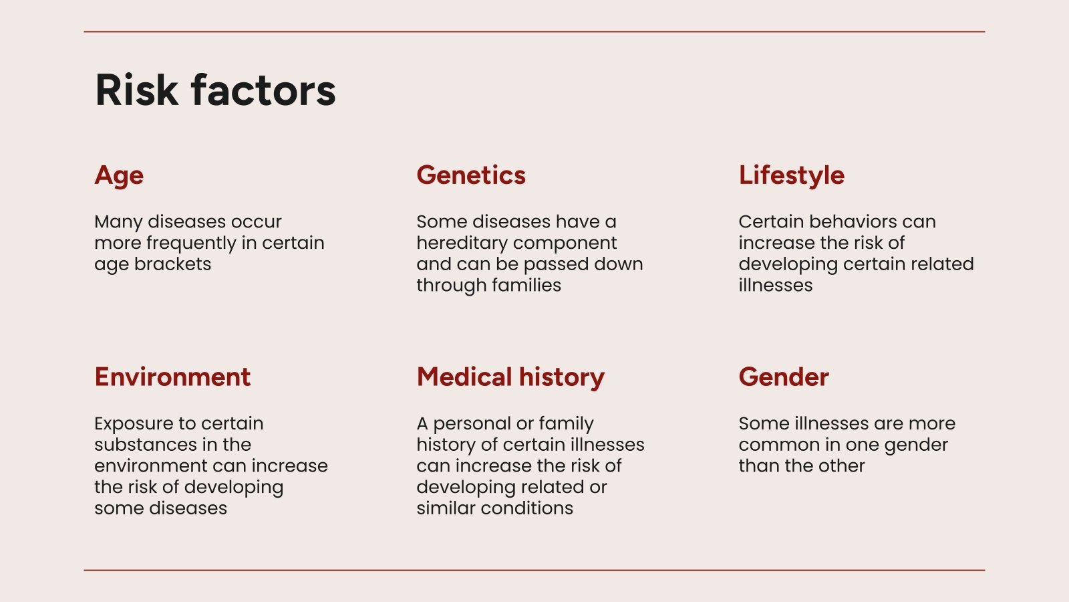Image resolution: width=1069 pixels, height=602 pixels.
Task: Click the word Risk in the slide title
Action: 137,90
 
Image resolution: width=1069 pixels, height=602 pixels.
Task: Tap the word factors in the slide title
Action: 263,90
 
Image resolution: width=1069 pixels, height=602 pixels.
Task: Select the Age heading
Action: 119,176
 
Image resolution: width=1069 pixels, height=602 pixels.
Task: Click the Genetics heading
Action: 471,175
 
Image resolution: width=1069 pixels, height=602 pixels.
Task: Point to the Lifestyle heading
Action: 792,175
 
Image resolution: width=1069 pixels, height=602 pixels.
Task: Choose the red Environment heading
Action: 172,377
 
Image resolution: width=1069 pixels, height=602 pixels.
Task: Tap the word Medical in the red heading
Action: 464,377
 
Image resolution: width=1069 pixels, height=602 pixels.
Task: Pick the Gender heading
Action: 784,377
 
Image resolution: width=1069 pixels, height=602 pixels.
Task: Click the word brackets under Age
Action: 172,264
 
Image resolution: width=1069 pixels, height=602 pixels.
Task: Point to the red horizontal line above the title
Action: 534,31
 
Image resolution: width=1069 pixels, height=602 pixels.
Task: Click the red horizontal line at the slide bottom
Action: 534,570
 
